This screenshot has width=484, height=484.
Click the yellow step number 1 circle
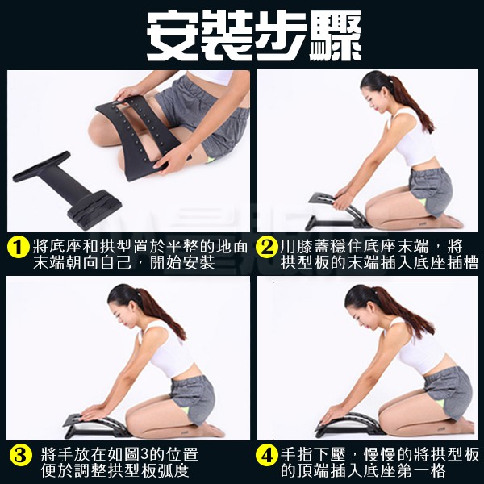(x=19, y=248)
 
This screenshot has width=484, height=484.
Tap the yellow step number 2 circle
(x=267, y=248)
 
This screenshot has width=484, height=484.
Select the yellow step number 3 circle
(x=20, y=455)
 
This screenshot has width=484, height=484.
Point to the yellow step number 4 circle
(x=267, y=455)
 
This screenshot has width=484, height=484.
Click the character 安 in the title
(x=173, y=36)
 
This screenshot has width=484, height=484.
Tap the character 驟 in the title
(x=336, y=36)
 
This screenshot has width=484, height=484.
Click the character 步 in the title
(x=282, y=36)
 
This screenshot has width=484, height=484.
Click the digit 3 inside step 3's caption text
(x=144, y=455)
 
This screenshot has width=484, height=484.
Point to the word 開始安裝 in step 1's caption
(x=182, y=263)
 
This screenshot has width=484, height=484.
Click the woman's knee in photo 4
(x=386, y=414)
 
